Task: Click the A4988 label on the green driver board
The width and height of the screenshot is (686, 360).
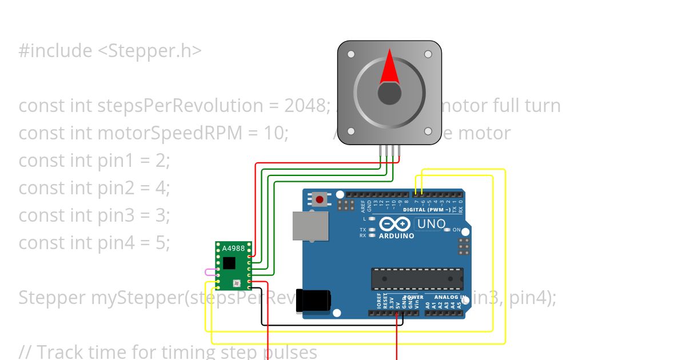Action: (229, 248)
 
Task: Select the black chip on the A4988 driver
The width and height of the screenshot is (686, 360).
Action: (229, 263)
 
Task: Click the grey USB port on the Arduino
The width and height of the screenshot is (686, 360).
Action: (310, 226)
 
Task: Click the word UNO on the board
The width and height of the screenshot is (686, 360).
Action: (432, 224)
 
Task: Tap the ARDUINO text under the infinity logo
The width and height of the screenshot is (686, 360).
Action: (396, 235)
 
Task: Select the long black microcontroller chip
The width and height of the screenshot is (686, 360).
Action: (417, 278)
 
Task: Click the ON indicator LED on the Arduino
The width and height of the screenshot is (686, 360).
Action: (448, 230)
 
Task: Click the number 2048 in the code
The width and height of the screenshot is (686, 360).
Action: (300, 106)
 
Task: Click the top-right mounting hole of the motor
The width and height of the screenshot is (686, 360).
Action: (428, 54)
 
